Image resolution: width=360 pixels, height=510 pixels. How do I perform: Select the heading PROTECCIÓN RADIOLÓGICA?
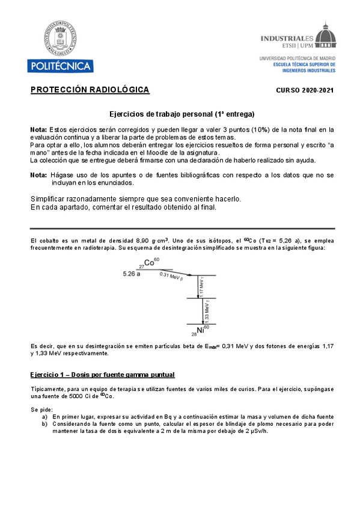[x=90, y=90]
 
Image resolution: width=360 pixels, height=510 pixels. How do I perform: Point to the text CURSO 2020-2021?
[x=304, y=91]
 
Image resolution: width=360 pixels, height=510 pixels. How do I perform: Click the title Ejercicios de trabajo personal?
[x=182, y=114]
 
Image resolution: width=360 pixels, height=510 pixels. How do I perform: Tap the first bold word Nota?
[x=38, y=129]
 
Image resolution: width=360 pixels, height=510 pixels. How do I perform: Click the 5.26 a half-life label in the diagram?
[x=132, y=273]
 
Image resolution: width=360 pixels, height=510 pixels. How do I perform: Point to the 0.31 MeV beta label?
[x=171, y=277]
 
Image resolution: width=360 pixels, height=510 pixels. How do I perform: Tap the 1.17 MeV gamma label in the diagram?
[x=202, y=286]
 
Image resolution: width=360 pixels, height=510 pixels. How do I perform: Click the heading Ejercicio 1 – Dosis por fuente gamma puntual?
[x=102, y=375]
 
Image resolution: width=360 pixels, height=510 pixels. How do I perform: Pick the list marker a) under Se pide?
[x=44, y=417]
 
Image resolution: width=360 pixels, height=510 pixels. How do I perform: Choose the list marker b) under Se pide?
[x=44, y=424]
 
